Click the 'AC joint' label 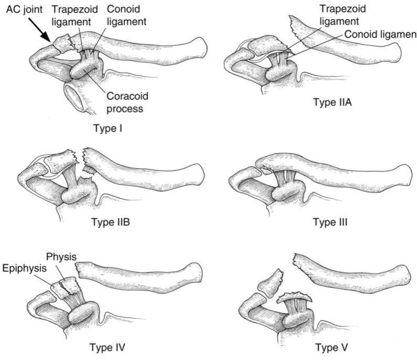pos(22,9)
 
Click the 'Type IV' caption pos(106,347)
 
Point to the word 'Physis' pos(62,257)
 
